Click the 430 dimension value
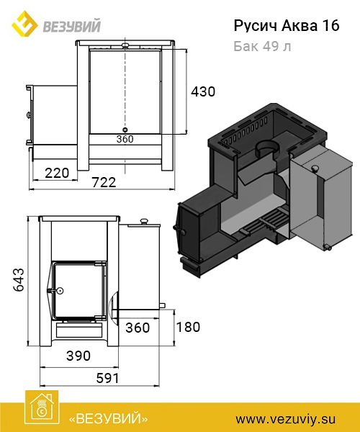pyautogui.click(x=203, y=91)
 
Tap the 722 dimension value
pyautogui.click(x=104, y=182)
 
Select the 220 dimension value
pyautogui.click(x=57, y=173)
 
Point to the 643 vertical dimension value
pyautogui.click(x=19, y=279)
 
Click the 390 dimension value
pyautogui.click(x=78, y=356)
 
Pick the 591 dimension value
pyautogui.click(x=108, y=378)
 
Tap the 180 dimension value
pyautogui.click(x=188, y=327)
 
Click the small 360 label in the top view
pyautogui.click(x=125, y=139)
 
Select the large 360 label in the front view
pyautogui.click(x=138, y=328)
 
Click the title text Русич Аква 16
pyautogui.click(x=287, y=26)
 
